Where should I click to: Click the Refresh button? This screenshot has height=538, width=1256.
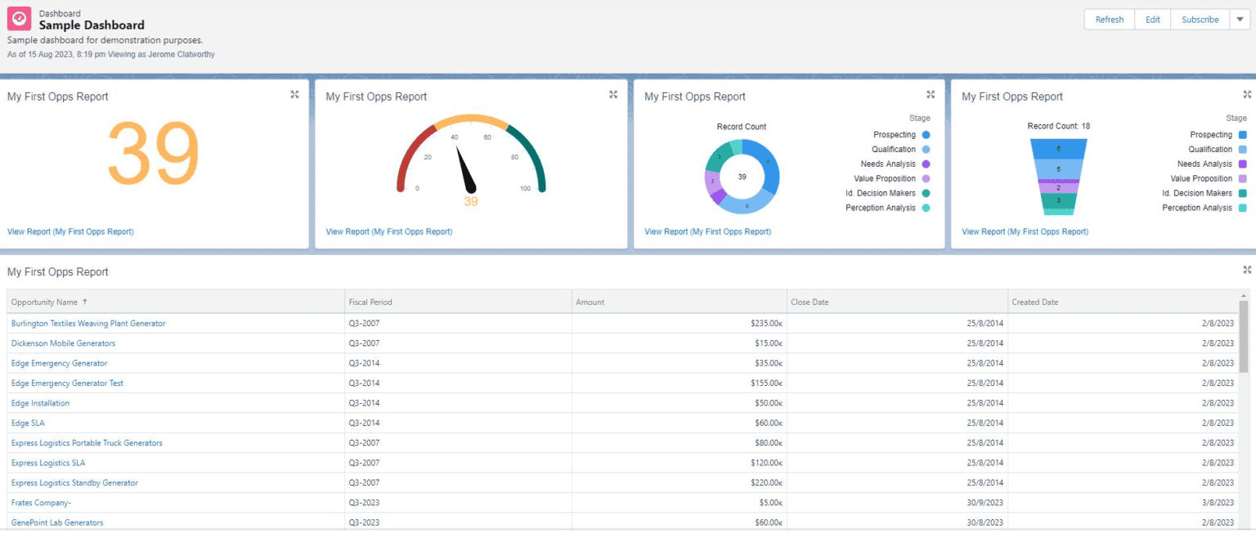[1109, 20]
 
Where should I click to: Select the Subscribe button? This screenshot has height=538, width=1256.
[1200, 20]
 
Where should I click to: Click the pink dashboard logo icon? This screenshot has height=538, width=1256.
[20, 19]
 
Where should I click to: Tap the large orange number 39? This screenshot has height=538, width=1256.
[154, 153]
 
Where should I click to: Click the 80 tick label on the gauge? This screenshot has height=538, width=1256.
[514, 157]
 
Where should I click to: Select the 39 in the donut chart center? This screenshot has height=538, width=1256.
[742, 177]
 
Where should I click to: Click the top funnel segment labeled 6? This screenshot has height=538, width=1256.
[1058, 148]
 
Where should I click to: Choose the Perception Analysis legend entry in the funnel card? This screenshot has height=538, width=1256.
[1197, 208]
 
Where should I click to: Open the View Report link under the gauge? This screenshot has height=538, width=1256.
[388, 232]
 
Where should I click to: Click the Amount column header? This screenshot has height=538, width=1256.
[590, 303]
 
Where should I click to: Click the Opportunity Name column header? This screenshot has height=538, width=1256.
[44, 303]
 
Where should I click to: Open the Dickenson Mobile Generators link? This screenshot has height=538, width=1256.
[63, 343]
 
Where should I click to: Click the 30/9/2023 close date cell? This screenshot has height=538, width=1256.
[985, 503]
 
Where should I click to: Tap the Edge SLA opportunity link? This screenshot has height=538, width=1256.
[28, 424]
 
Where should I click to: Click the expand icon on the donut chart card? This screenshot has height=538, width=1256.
[930, 95]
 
